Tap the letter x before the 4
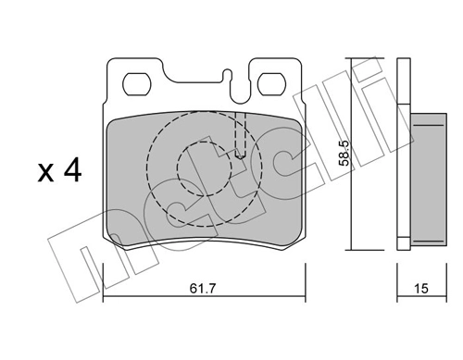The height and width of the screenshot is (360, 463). (x=44, y=173)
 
